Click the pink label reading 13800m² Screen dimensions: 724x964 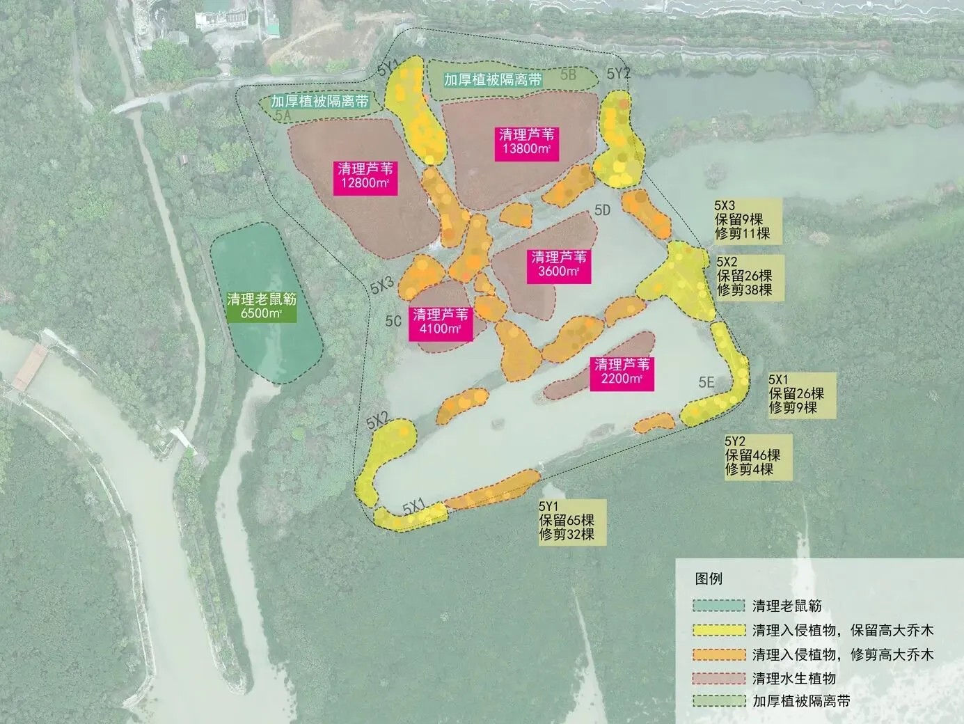point(526,143)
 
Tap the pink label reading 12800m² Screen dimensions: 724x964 point(365,176)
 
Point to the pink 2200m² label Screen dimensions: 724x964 point(622,372)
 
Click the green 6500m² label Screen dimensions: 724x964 point(262,306)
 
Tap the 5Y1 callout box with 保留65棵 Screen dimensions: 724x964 point(566,521)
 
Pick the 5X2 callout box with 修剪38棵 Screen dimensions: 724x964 point(745,276)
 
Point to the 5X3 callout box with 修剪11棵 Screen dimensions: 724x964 point(742,220)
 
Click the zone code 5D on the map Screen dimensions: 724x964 point(602,210)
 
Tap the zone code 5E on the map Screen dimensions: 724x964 point(706,381)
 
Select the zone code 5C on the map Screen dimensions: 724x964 point(393,321)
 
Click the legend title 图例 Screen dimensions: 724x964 point(709,579)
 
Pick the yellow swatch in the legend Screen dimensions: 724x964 point(718,630)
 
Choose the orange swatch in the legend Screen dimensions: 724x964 point(718,654)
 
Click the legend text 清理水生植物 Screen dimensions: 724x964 point(793,679)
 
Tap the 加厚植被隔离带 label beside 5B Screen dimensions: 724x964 point(493,79)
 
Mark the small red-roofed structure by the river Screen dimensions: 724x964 point(29,368)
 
